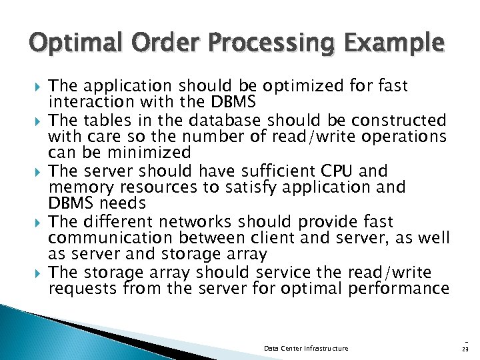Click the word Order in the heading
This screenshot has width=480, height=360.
pyautogui.click(x=161, y=44)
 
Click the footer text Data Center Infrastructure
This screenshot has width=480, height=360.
pyautogui.click(x=306, y=348)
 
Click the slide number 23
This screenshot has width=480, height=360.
pyautogui.click(x=464, y=348)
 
